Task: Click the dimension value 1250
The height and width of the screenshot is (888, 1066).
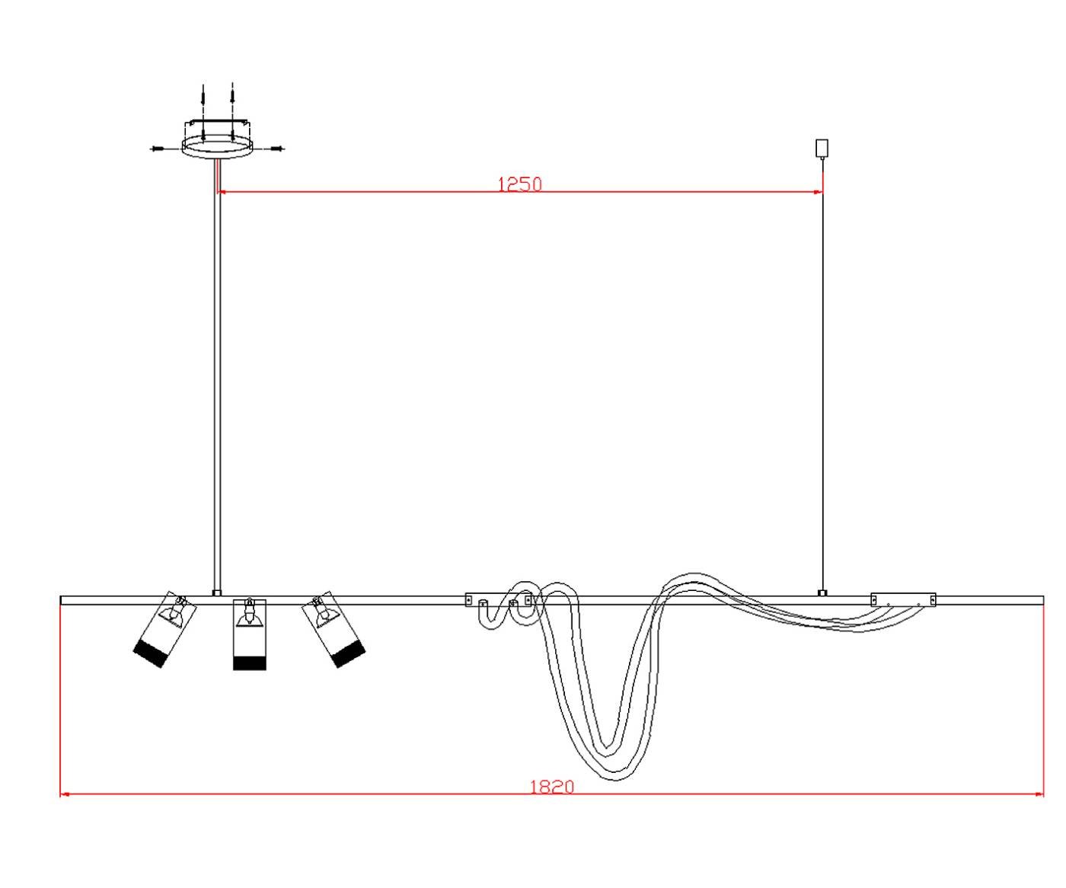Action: point(519,184)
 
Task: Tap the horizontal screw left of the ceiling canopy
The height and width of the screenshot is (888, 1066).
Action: point(157,149)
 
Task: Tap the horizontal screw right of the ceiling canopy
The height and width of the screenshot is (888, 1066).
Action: point(277,149)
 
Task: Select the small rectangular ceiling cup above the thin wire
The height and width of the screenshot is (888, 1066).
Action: point(822,148)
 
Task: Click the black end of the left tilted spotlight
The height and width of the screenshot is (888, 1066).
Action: point(149,654)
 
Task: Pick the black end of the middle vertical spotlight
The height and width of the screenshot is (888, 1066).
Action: point(250,663)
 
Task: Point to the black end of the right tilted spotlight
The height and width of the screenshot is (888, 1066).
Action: point(349,654)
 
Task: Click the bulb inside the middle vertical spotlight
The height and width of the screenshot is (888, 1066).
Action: point(249,615)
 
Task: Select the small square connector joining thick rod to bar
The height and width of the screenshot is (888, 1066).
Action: point(217,593)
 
